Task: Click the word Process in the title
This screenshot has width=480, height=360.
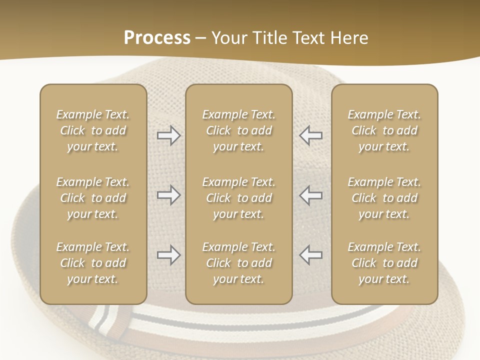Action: [157, 38]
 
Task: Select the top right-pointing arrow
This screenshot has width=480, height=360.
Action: [169, 135]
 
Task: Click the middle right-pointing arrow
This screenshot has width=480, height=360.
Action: [169, 195]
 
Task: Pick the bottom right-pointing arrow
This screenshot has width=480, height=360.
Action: [169, 255]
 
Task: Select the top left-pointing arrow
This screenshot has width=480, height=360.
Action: [311, 135]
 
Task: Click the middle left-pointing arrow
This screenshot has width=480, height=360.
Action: [311, 195]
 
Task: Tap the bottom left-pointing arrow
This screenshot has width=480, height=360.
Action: [311, 255]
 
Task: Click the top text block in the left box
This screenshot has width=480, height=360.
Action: [93, 130]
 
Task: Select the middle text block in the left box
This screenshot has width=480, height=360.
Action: [93, 198]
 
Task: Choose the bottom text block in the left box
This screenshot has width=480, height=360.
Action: [93, 263]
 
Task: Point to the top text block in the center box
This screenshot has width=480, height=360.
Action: [239, 130]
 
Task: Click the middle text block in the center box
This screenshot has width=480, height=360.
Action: [239, 198]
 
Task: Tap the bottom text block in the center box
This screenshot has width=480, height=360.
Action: [239, 263]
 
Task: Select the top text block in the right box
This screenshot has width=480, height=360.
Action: [384, 130]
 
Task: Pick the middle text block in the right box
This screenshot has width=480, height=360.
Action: [384, 198]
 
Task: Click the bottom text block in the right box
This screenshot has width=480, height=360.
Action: [384, 263]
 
